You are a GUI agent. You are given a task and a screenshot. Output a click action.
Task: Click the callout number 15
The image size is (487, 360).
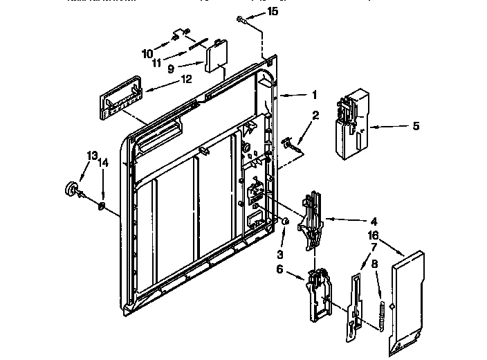click(273, 12)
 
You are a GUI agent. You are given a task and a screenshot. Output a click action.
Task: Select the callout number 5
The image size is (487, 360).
click(415, 126)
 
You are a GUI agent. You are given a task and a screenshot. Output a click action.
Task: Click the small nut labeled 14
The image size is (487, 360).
click(102, 206)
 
